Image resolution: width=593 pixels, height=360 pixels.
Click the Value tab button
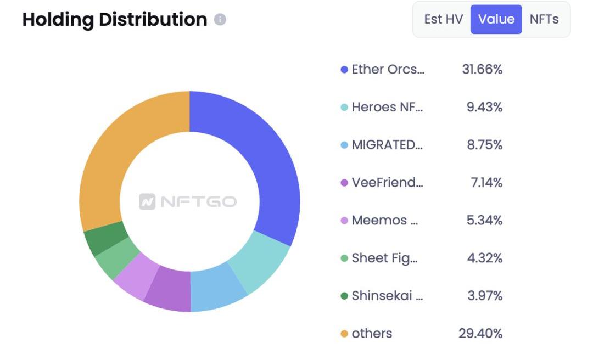point(496,19)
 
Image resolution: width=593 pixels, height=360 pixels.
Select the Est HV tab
point(444,19)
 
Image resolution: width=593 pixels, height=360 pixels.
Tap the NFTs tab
point(544,19)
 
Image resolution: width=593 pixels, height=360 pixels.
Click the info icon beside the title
point(220,20)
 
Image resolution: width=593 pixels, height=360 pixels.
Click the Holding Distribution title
point(114,20)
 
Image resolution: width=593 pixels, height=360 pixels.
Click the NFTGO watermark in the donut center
point(188,202)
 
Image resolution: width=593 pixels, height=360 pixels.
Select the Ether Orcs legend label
point(388,70)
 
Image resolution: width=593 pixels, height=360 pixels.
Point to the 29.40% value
point(480,333)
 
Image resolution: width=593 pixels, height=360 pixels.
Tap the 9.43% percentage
point(484,107)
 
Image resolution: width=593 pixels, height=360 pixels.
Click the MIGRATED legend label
point(387,145)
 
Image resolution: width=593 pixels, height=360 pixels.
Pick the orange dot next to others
point(344,334)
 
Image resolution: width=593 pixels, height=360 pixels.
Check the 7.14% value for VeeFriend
point(486,183)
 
